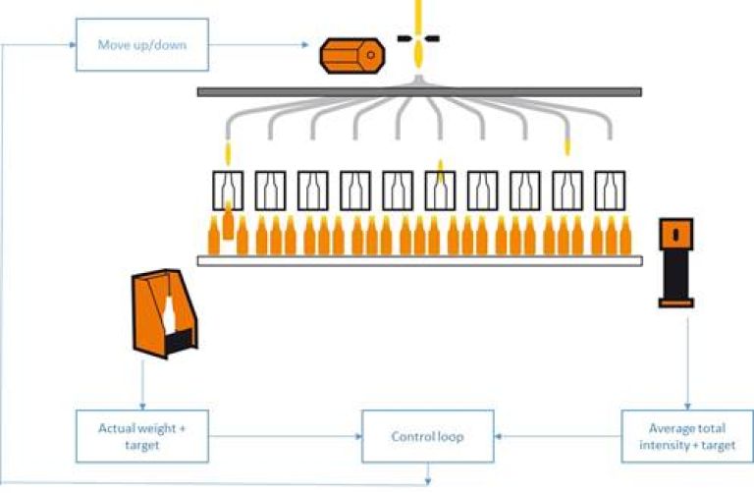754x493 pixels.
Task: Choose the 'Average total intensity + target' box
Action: [685, 436]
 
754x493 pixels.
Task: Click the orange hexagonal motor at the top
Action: [350, 56]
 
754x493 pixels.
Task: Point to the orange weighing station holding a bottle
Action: [163, 314]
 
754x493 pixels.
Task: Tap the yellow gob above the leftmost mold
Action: [228, 153]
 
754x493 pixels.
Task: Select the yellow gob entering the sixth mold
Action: [441, 171]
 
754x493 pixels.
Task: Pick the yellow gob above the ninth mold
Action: [566, 147]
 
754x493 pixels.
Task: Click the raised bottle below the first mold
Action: [228, 222]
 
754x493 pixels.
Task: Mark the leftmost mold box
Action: [229, 188]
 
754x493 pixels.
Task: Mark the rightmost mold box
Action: [609, 188]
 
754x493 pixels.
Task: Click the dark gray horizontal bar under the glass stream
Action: [419, 91]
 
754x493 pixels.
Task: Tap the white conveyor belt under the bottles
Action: [419, 260]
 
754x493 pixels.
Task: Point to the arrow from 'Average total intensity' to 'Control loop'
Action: [559, 436]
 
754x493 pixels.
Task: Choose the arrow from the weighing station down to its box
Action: [144, 383]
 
